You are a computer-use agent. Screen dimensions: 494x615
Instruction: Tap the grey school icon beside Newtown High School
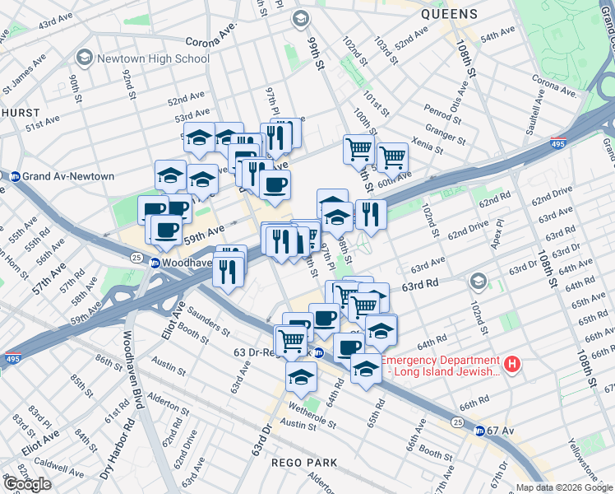pyautogui.click(x=84, y=58)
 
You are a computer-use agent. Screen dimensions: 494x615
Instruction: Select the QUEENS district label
pyautogui.click(x=448, y=14)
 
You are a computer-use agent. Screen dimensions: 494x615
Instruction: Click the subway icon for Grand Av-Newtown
pyautogui.click(x=14, y=176)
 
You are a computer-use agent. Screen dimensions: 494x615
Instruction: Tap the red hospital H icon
pyautogui.click(x=512, y=363)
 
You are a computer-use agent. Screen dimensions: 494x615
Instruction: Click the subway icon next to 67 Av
pyautogui.click(x=480, y=431)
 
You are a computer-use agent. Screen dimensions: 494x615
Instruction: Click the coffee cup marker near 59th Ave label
pyautogui.click(x=166, y=231)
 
